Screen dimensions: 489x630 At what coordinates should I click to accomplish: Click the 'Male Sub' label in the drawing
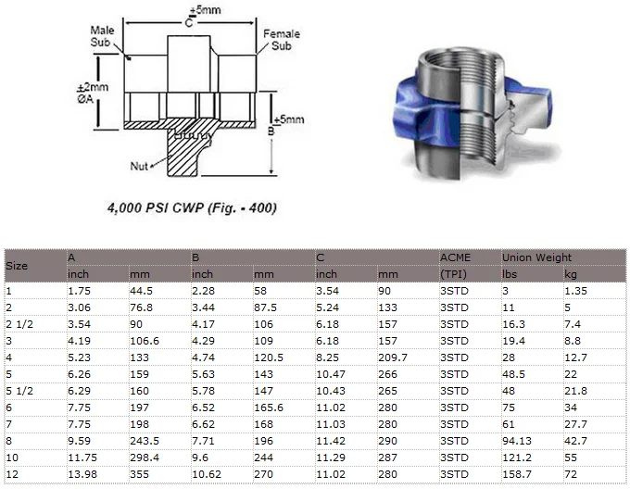click(102, 37)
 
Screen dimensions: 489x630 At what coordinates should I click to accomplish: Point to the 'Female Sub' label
click(282, 40)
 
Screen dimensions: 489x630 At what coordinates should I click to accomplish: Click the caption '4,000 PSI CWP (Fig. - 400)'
click(193, 208)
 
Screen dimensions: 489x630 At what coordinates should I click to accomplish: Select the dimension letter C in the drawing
click(189, 22)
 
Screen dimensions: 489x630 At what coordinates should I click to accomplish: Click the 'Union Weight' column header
click(536, 257)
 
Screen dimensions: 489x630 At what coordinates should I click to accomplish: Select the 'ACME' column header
click(454, 257)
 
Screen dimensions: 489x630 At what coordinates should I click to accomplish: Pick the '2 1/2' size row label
click(19, 323)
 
